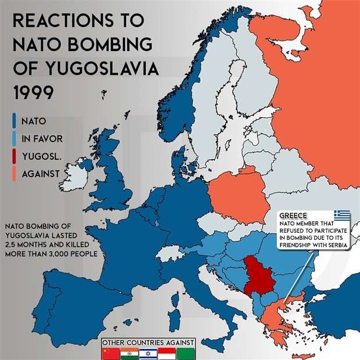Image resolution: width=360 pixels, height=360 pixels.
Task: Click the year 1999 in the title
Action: pyautogui.click(x=35, y=93)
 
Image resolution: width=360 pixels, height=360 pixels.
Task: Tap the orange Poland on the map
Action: pyautogui.click(x=238, y=197)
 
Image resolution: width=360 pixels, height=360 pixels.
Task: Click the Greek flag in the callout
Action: pyautogui.click(x=341, y=215)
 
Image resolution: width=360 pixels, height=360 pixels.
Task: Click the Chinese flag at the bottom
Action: pyautogui.click(x=110, y=353)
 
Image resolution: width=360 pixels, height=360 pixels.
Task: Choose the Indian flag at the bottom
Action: pyautogui.click(x=128, y=353)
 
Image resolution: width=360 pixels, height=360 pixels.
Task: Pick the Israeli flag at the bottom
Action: pyautogui.click(x=146, y=353)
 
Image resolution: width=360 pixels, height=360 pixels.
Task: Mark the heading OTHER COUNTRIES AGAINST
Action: pyautogui.click(x=147, y=342)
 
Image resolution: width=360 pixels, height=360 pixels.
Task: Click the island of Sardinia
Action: pyautogui.click(x=172, y=319)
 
